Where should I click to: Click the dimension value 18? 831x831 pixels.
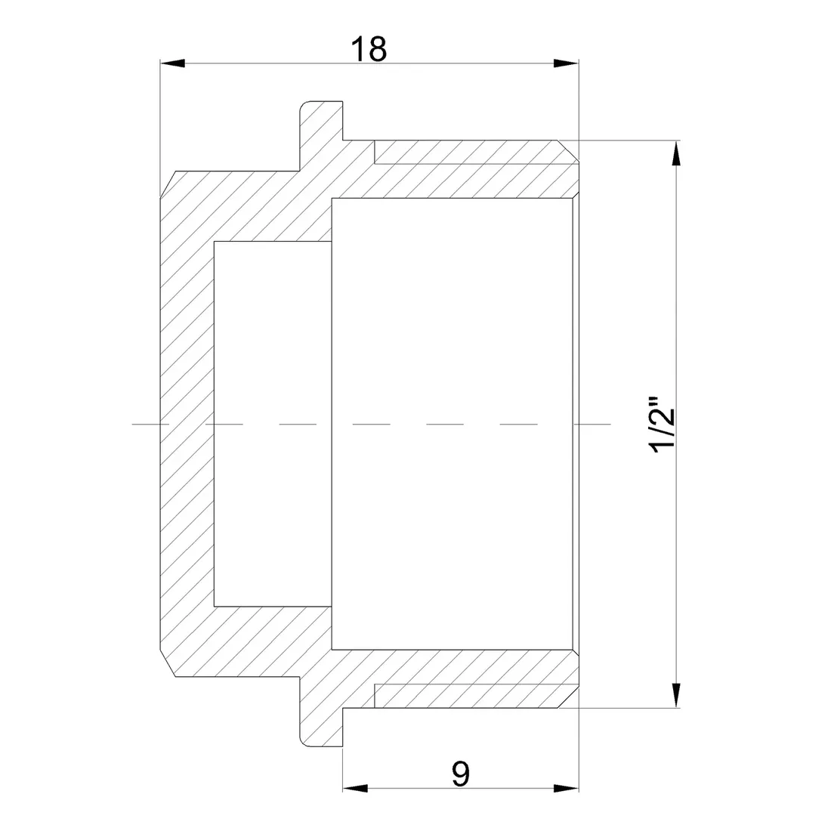tap(369, 49)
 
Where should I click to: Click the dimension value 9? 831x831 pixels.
tap(461, 774)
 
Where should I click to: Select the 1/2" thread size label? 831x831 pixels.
tap(663, 423)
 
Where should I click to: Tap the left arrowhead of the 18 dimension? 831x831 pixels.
tap(173, 63)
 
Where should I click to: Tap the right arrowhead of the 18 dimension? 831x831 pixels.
tap(566, 63)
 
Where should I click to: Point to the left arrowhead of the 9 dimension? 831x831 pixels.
tap(355, 788)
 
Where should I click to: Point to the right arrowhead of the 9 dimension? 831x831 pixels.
tap(566, 788)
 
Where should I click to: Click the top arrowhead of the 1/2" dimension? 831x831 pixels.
tap(675, 153)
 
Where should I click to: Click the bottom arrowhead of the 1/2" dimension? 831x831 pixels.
tap(675, 695)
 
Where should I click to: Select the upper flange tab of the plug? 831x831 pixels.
tap(321, 121)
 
